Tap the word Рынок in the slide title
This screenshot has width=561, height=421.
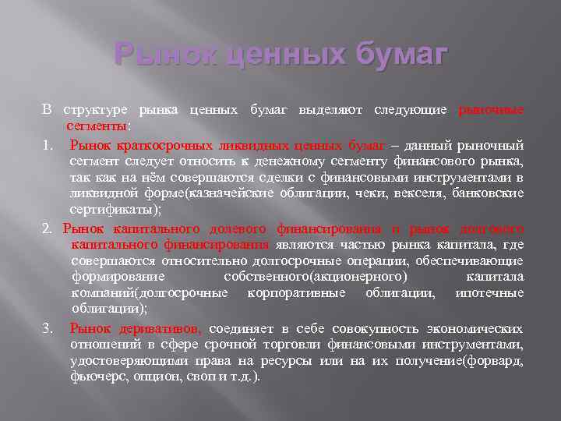[156, 55]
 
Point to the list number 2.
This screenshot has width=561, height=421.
[47, 229]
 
